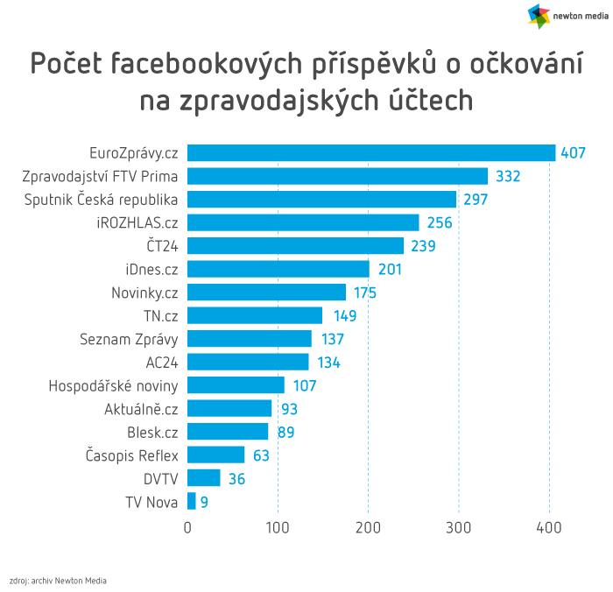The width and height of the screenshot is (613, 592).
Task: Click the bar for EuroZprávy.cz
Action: (x=371, y=153)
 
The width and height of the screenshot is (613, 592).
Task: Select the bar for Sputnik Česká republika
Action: (x=321, y=200)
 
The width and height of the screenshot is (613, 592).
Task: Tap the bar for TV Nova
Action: (x=192, y=502)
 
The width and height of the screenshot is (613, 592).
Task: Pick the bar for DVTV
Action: (x=204, y=478)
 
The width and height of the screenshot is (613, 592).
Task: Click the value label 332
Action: (x=508, y=177)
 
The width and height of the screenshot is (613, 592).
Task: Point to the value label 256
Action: (x=440, y=223)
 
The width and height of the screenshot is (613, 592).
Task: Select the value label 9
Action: (x=204, y=503)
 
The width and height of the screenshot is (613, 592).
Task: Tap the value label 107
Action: (x=303, y=386)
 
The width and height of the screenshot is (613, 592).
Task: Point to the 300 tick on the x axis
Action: (x=458, y=527)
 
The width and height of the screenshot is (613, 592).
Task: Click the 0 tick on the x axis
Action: (x=187, y=527)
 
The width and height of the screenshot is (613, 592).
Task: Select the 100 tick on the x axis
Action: (x=278, y=527)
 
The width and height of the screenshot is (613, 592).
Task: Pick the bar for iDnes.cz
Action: (x=278, y=270)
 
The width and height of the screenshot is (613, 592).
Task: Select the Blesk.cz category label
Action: (x=152, y=432)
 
